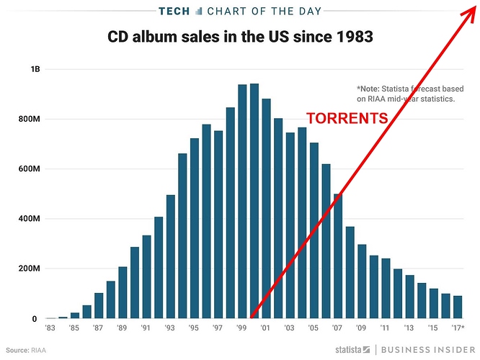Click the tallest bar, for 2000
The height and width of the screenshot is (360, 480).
tap(254, 202)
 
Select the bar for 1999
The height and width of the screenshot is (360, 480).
tap(242, 202)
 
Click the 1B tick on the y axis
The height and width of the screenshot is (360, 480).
tap(35, 69)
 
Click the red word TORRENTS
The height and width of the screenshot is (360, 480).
tap(347, 119)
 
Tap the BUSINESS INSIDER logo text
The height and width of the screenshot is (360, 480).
tap(425, 349)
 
